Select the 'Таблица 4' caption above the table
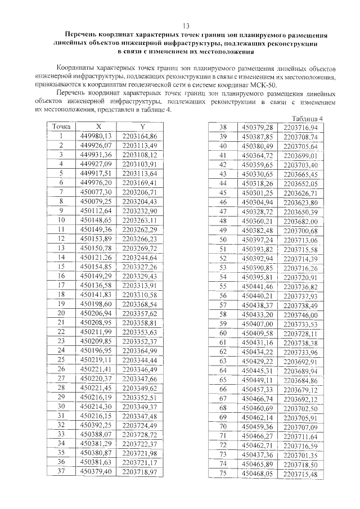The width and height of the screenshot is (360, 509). pyautogui.click(x=309, y=119)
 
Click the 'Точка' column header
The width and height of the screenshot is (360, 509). pyautogui.click(x=61, y=127)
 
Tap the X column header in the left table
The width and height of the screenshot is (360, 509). pyautogui.click(x=98, y=127)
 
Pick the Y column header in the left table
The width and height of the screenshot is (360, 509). pyautogui.click(x=143, y=127)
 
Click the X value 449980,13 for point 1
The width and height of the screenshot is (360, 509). pyautogui.click(x=97, y=136)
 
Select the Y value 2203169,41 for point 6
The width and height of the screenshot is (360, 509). pyautogui.click(x=139, y=183)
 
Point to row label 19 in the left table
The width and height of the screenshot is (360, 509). pyautogui.click(x=61, y=304)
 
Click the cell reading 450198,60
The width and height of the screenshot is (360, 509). pyautogui.click(x=97, y=304)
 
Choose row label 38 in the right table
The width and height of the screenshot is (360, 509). pyautogui.click(x=222, y=128)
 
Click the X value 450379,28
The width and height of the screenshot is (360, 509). pyautogui.click(x=256, y=128)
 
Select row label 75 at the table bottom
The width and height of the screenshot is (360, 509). pyautogui.click(x=222, y=474)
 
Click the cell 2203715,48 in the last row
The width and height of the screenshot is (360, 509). pyautogui.click(x=300, y=474)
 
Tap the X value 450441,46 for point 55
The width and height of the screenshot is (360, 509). pyautogui.click(x=256, y=286)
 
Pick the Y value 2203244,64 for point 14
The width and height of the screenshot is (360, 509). pyautogui.click(x=139, y=257)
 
